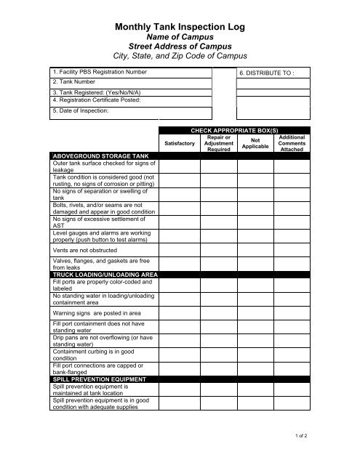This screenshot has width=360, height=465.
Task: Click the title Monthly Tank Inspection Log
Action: click(180, 27)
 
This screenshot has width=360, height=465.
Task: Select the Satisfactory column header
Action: click(180, 144)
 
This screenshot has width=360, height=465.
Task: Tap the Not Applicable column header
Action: click(255, 143)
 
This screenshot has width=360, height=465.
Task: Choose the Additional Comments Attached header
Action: click(292, 143)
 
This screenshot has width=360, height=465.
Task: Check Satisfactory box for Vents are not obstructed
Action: click(180, 249)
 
